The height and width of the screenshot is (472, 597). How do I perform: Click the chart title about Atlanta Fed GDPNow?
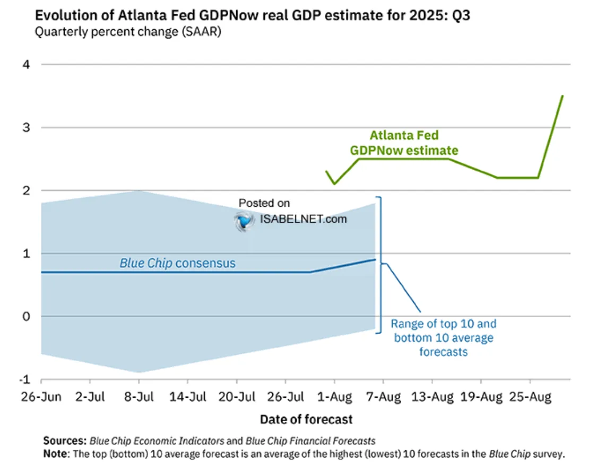[252, 15]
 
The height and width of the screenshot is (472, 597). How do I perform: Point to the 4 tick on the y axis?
[25, 65]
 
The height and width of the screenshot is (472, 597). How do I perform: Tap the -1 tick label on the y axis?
[24, 380]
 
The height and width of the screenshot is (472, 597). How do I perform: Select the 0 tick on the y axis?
[25, 317]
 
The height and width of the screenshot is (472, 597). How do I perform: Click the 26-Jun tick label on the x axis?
[41, 397]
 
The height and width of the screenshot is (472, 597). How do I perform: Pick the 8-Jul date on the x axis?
[139, 397]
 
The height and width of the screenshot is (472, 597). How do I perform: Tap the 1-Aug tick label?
[334, 397]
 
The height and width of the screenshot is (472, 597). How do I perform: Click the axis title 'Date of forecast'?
[306, 419]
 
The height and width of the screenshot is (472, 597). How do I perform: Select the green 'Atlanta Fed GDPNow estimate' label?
[404, 143]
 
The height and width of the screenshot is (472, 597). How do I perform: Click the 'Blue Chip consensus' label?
[177, 263]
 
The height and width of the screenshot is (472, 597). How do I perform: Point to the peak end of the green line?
[563, 96]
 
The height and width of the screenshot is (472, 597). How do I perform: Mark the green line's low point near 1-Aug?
[334, 184]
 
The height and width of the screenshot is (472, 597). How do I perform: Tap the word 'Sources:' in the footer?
[65, 441]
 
